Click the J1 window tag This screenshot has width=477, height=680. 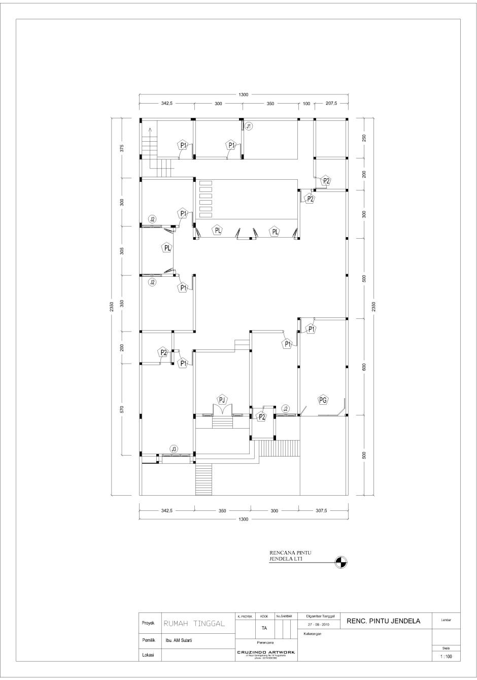[x=249, y=126]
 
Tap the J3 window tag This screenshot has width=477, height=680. [x=174, y=449]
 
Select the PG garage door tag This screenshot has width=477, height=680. [x=323, y=400]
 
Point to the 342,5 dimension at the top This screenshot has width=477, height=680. [x=167, y=103]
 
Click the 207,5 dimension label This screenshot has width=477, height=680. [x=331, y=103]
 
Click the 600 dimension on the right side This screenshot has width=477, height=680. [x=364, y=367]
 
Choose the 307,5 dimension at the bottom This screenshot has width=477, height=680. [x=322, y=511]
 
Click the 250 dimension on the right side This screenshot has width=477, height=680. [x=364, y=138]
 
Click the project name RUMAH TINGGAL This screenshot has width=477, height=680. [x=194, y=624]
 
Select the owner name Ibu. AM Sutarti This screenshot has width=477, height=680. [x=179, y=641]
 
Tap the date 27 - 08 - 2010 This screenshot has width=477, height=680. [x=319, y=624]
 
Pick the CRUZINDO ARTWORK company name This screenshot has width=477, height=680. [x=266, y=652]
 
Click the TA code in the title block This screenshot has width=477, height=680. [x=264, y=628]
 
